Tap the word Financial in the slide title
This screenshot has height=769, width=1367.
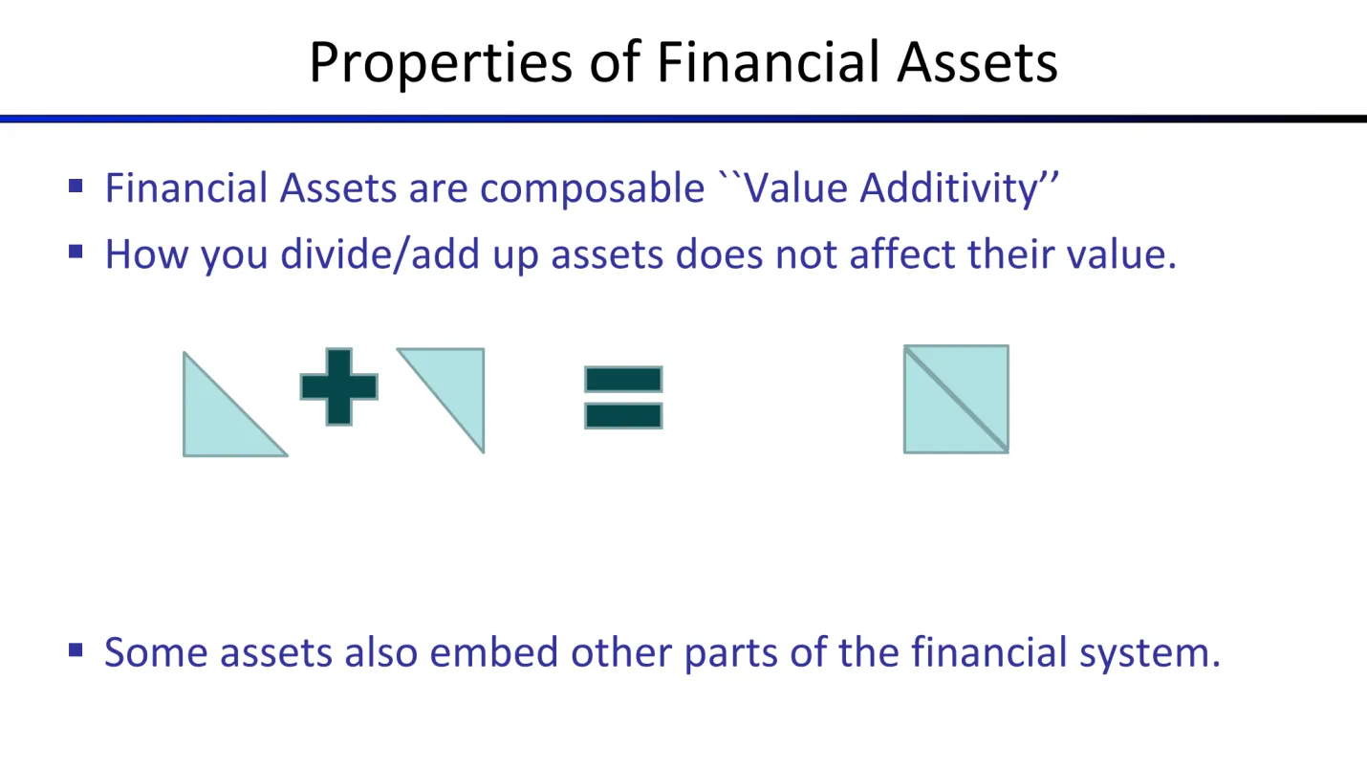coord(768,61)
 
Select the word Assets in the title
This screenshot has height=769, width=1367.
coord(977,62)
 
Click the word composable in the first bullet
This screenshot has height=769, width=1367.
coord(592,189)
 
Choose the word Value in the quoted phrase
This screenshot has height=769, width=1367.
coord(795,187)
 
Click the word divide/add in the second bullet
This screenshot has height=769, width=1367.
coord(380,253)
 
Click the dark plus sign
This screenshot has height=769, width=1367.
coord(338,386)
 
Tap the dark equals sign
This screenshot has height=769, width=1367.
coord(623,397)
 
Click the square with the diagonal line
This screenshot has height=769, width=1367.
coord(956,399)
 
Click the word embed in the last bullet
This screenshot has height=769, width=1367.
coord(493,651)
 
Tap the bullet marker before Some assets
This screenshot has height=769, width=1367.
coord(76,649)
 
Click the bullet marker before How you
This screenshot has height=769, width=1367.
coord(76,252)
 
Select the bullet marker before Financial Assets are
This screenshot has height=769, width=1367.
coord(76,186)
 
